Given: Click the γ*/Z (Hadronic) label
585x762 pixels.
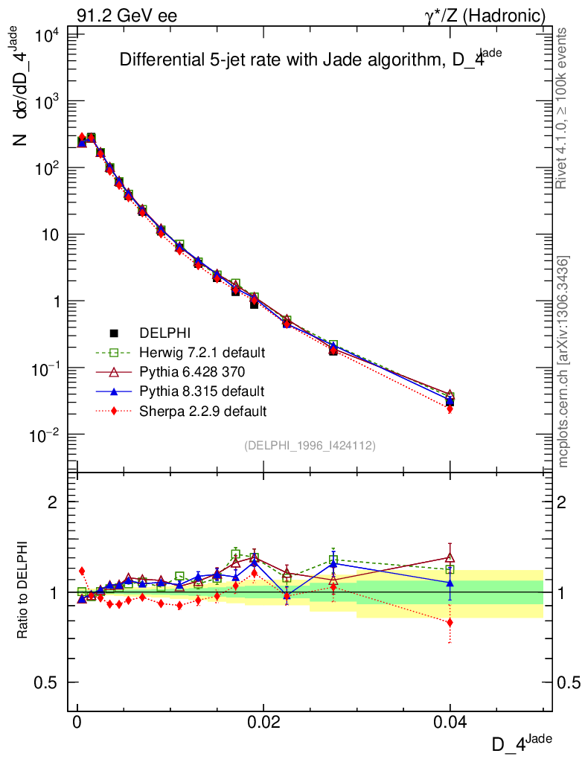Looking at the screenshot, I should tap(485, 16).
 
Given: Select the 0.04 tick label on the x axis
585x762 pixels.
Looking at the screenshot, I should tap(450, 723).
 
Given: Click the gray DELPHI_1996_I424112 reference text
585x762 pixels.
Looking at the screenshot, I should tap(310, 446).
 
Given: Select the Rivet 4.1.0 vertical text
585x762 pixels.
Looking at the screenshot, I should tap(563, 109).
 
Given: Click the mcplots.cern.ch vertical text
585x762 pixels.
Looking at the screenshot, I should tap(563, 362).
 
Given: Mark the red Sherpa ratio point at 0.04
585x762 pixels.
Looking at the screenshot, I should tap(450, 622).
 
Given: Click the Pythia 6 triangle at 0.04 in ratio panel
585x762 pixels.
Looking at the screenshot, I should tap(450, 557).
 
